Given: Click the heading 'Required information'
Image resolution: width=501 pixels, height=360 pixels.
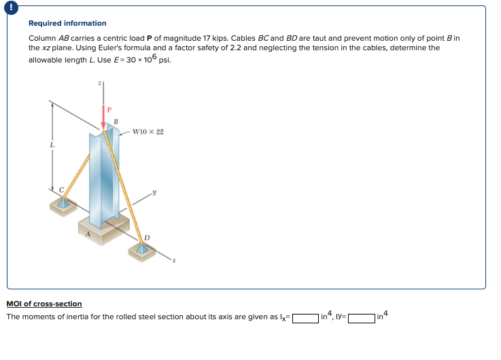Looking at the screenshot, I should (x=67, y=23).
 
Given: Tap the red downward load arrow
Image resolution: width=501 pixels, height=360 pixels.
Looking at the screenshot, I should (x=103, y=119).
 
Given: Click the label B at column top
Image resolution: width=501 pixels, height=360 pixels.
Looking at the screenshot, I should (x=116, y=122).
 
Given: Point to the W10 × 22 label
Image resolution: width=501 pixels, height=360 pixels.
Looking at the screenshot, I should (x=148, y=131).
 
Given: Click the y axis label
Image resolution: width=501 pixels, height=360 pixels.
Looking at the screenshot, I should (x=155, y=193).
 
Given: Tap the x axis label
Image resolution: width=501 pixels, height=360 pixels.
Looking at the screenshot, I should (x=173, y=259).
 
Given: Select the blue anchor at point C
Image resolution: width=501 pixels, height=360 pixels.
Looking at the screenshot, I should (x=63, y=202).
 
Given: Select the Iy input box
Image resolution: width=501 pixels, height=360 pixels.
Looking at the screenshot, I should (x=362, y=317).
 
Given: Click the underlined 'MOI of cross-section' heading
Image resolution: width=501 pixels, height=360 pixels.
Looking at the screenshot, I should (x=44, y=304).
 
